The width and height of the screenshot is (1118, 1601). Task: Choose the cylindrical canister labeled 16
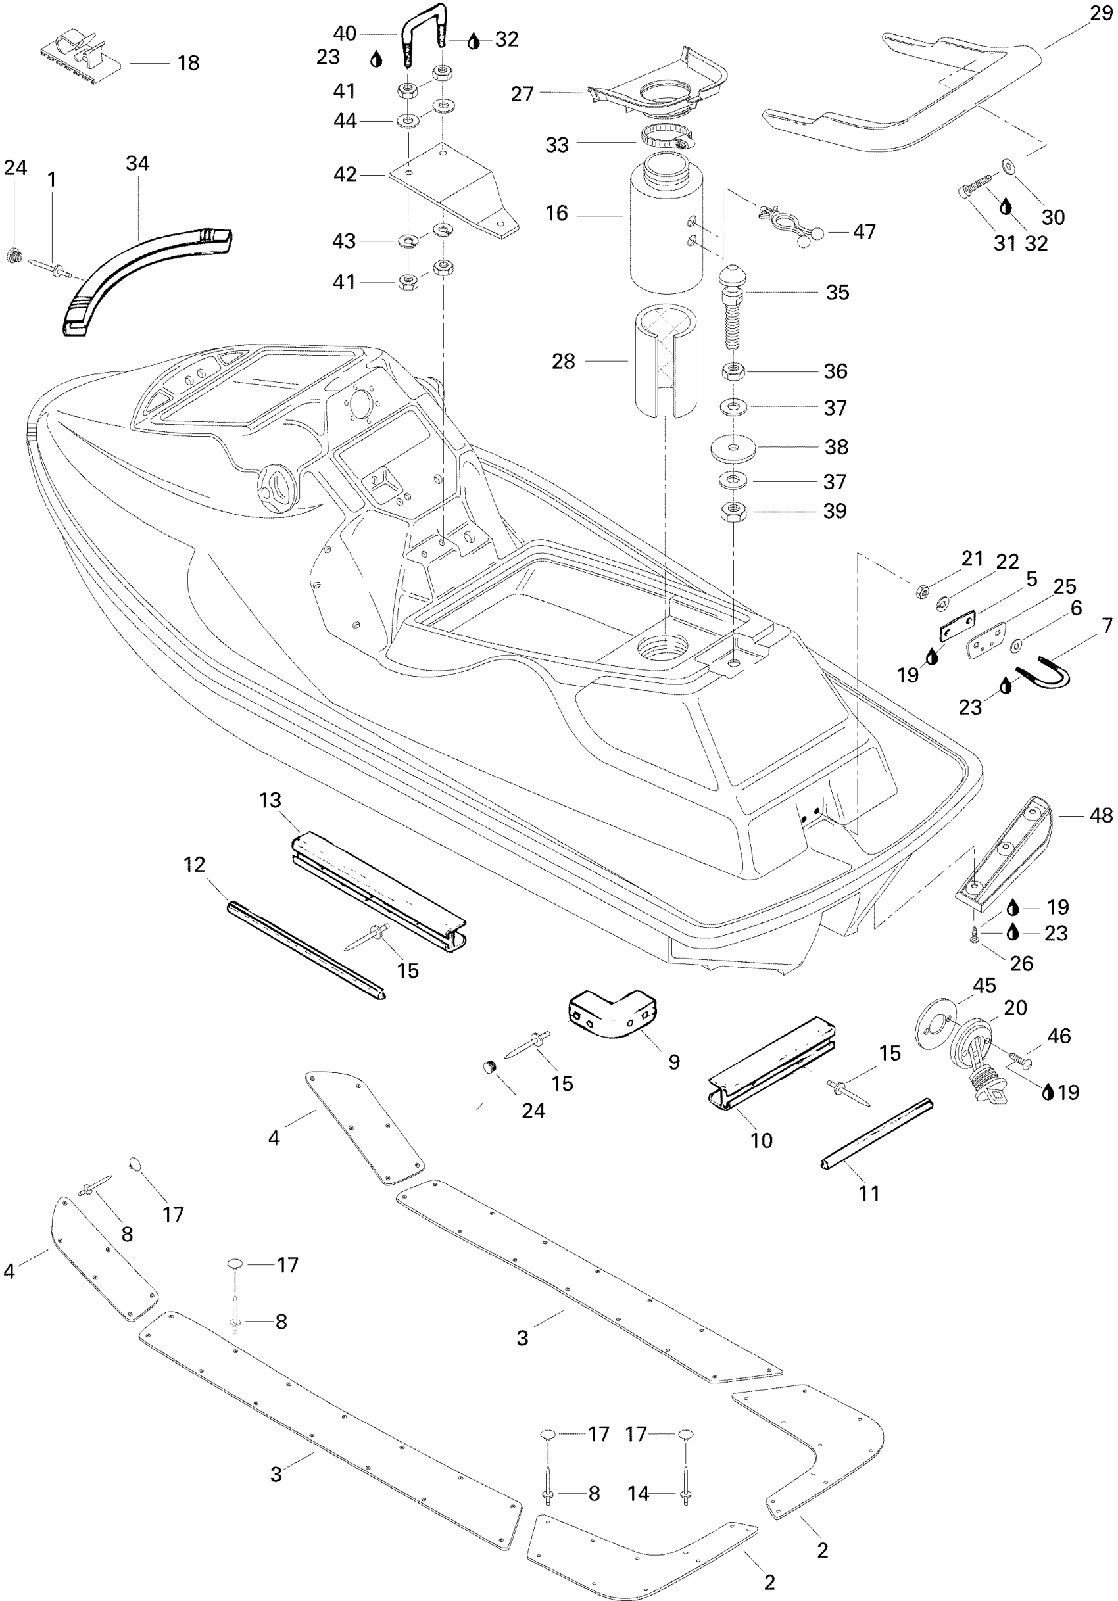[x=666, y=223]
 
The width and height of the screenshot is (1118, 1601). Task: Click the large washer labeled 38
[x=734, y=446]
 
